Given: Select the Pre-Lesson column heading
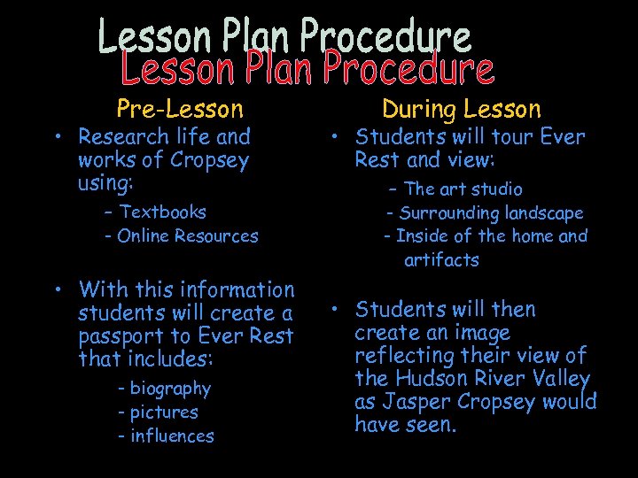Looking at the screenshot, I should pyautogui.click(x=180, y=109).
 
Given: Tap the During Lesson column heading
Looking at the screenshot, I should pyautogui.click(x=461, y=109).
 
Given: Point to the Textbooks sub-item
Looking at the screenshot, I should pyautogui.click(x=162, y=212).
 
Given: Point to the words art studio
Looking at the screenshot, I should pyautogui.click(x=477, y=189).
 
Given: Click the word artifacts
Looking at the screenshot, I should pyautogui.click(x=441, y=260).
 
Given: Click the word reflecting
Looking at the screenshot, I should pyautogui.click(x=402, y=356).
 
